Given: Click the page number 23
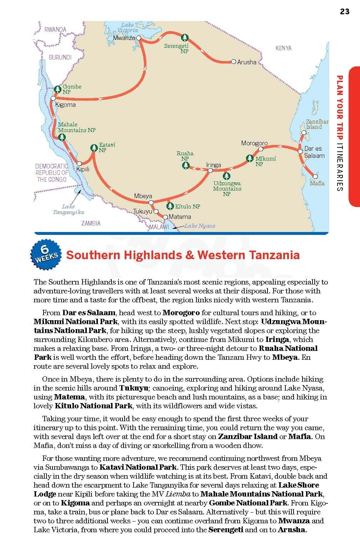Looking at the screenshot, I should point(344,11).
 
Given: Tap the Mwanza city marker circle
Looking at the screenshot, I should point(139,37).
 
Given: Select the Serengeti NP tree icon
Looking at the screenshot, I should point(184,37).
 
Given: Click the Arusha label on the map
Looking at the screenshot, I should point(247,62).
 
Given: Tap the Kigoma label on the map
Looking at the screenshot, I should point(65,105).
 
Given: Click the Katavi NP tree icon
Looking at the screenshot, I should point(94,147).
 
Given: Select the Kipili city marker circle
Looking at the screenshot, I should point(80,163).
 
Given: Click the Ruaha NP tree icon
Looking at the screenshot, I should point(185,165).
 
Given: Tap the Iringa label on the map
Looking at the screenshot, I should point(214,165).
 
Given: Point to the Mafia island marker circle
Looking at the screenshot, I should point(315,176).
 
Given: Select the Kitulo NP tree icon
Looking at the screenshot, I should point(170,206).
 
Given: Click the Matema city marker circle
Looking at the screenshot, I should point(165,217).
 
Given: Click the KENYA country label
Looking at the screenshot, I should point(283,48).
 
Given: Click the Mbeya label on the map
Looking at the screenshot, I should point(143,196).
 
